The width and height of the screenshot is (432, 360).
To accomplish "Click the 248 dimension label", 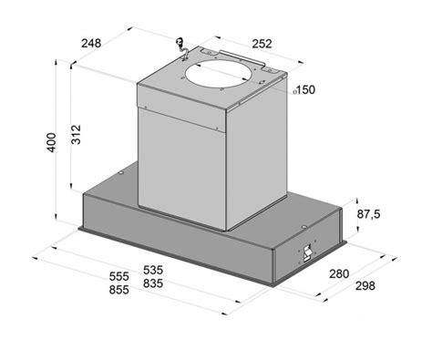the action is pos(91,43).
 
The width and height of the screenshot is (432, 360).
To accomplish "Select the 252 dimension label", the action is pos(262,44).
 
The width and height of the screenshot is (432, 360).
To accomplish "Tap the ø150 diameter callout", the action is pos(304,90).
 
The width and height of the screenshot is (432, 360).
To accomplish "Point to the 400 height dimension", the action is pos(51,142).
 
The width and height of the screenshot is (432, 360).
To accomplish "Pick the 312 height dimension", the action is pos(76,134).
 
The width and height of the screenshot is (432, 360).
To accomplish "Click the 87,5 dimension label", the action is pos(368,214).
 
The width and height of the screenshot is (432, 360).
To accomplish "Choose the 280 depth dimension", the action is pos(339,273).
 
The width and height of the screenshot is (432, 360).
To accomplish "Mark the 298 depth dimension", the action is pos(365,285).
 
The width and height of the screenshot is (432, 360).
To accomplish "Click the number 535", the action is pos(153,270).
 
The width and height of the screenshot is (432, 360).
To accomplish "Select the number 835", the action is pos(153,283).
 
